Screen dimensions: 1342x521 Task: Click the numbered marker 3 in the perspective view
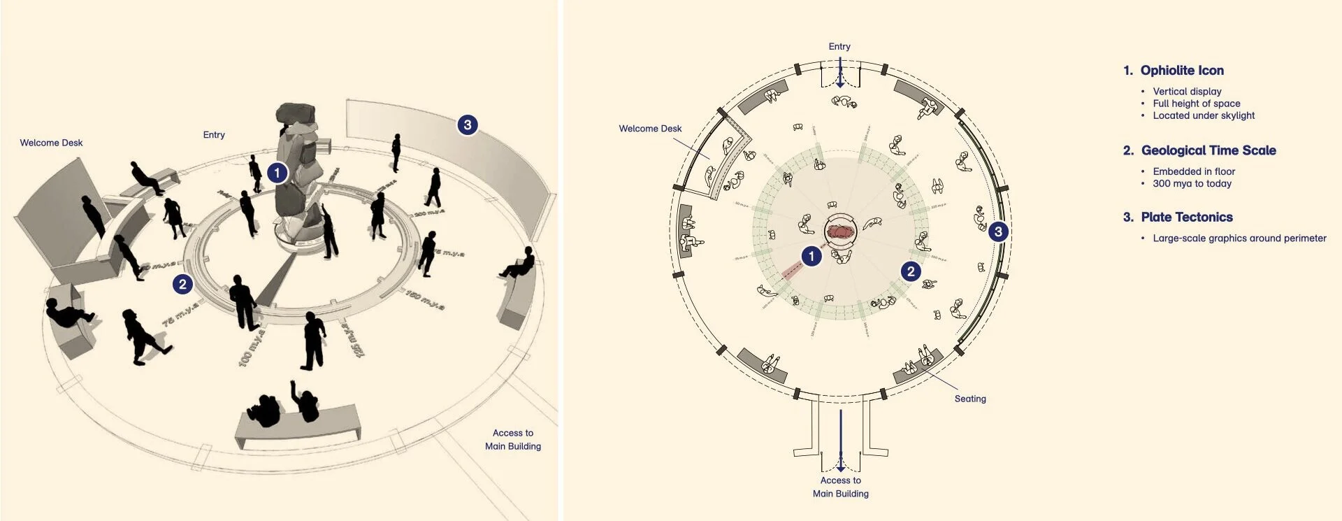tap(468, 125)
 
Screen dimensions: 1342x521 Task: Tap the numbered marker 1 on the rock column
tap(277, 173)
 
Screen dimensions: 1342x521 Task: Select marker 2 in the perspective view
tap(182, 284)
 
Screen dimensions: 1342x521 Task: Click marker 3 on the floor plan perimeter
tap(998, 231)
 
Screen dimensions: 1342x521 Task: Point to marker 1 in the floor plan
tap(811, 257)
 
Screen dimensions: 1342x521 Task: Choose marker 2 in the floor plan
tap(910, 271)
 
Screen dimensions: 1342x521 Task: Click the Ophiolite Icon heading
tap(1181, 71)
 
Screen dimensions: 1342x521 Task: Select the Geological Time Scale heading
tap(1208, 150)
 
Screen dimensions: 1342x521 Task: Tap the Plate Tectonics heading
tap(1186, 217)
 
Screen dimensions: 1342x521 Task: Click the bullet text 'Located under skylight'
tap(1204, 115)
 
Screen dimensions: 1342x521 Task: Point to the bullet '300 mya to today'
tap(1192, 184)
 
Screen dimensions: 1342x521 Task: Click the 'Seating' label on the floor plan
tap(970, 399)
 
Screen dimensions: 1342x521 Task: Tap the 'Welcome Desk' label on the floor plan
tap(650, 129)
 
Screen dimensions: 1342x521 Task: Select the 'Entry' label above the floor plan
tap(839, 47)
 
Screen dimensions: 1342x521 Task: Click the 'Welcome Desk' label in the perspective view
tap(51, 143)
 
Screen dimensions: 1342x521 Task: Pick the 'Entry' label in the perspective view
tap(214, 135)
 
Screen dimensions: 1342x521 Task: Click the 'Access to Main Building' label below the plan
tap(841, 487)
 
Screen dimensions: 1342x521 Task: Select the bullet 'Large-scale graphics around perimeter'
tap(1239, 238)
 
